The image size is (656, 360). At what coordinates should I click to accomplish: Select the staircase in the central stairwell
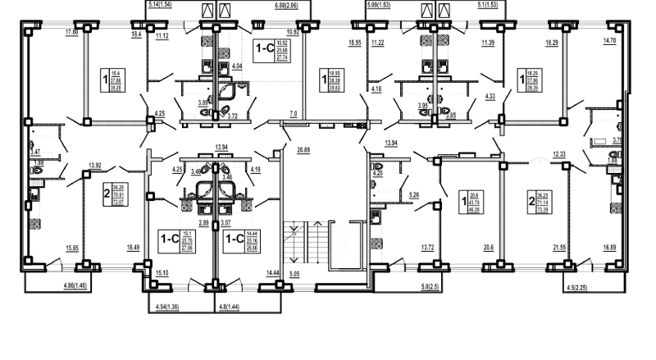pos(294,244)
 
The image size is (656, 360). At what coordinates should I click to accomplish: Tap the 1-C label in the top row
pos(265,49)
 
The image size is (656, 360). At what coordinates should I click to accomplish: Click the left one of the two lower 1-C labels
pos(169,239)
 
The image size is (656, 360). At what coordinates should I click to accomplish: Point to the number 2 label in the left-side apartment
pos(107,194)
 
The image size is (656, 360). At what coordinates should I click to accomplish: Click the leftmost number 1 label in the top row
pos(103,80)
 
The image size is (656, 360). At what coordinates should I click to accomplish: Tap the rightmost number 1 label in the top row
pos(522,80)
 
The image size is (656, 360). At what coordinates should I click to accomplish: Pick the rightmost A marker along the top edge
pos(445,9)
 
